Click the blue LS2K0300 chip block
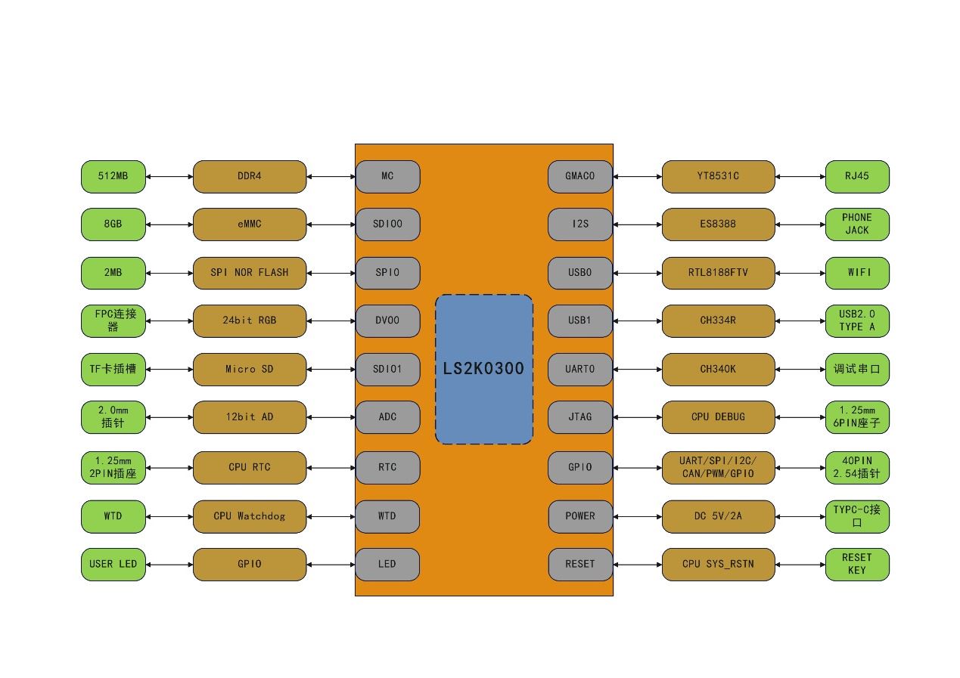pos(484,369)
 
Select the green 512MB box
pos(113,176)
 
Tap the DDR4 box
pos(250,176)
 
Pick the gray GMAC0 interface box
pos(579,176)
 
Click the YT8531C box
pos(718,176)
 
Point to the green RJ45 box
pos(857,176)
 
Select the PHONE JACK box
pos(857,224)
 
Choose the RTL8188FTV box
pos(718,273)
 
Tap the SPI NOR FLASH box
pos(250,273)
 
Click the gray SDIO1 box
pos(387,369)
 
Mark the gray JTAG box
pos(579,417)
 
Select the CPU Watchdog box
pos(250,516)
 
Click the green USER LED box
pos(113,565)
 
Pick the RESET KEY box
pos(857,565)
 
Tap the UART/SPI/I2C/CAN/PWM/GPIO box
pos(718,468)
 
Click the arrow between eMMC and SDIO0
pos(331,224)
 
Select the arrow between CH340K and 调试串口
pos(800,369)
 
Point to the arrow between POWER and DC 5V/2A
pos(637,516)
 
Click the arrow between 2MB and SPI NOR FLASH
pos(169,273)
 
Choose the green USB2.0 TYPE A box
pos(857,320)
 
